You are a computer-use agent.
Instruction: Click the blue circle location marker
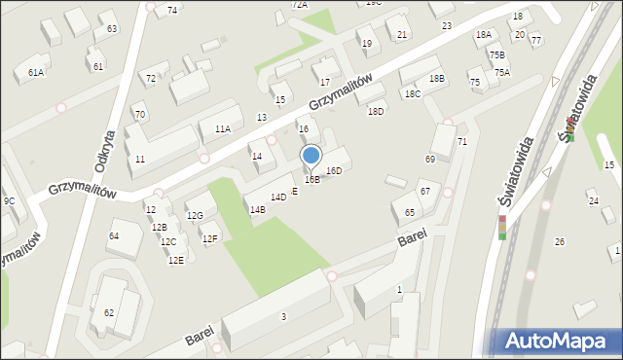coord(311,155)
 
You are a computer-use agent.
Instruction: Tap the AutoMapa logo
coord(556,341)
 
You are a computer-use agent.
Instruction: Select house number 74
coord(172,10)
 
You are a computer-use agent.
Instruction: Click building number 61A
coord(36,73)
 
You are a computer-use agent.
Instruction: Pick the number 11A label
coord(223,128)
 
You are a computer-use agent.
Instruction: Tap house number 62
coord(109,312)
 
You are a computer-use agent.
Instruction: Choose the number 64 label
coord(114,235)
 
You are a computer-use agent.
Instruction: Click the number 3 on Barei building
coord(283,316)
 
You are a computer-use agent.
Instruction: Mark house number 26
coord(559,241)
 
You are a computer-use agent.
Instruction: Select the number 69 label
coord(430,159)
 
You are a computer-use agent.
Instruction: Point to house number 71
coord(462,142)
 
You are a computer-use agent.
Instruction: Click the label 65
coord(410,212)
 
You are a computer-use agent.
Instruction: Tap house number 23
coord(447,25)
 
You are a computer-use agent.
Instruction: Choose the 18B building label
coord(437,78)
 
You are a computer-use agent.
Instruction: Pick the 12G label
coord(195,216)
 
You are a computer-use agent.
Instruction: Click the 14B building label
coord(257,209)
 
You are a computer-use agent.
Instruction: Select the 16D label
coord(334,171)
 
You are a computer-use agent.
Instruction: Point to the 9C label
coord(9,200)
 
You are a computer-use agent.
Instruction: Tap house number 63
coord(112,29)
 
